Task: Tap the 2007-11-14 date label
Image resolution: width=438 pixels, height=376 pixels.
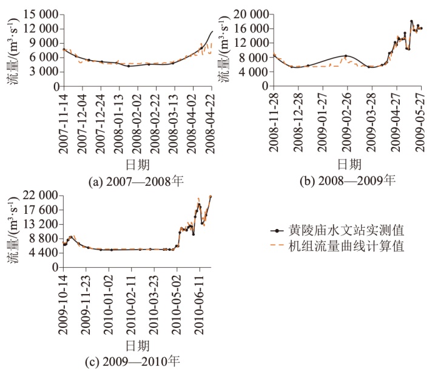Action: (x=63, y=118)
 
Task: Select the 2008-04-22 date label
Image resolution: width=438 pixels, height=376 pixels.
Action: (x=211, y=118)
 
